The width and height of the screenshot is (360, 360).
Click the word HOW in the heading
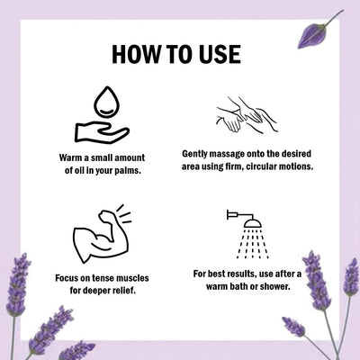pyautogui.click(x=136, y=54)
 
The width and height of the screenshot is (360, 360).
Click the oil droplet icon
pyautogui.click(x=106, y=102)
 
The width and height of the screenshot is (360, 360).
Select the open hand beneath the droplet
pyautogui.click(x=102, y=132)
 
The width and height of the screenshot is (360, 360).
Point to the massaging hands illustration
pyautogui.click(x=247, y=114)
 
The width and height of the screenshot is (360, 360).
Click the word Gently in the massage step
pyautogui.click(x=194, y=154)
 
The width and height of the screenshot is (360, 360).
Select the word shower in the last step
pyautogui.click(x=275, y=287)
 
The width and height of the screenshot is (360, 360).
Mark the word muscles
pyautogui.click(x=132, y=278)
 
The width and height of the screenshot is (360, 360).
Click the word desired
pyautogui.click(x=296, y=154)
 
